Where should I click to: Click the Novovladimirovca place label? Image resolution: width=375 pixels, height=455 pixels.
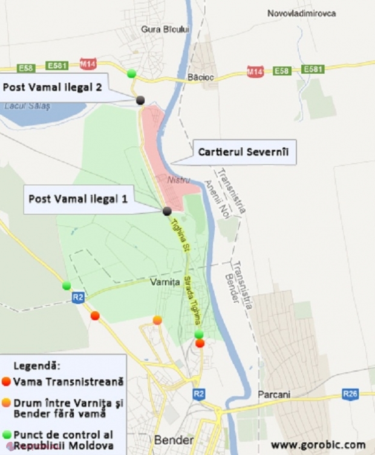(x=302, y=13)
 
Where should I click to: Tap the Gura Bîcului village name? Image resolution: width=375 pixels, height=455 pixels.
(x=165, y=28)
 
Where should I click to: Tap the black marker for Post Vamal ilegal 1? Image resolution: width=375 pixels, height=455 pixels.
(x=166, y=211)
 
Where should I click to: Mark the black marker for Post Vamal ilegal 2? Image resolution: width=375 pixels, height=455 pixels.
(x=140, y=100)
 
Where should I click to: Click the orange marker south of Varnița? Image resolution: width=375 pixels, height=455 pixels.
(x=157, y=320)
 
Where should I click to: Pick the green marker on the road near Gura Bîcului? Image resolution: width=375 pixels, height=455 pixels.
(x=131, y=74)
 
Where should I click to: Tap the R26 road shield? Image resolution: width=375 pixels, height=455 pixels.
(x=350, y=395)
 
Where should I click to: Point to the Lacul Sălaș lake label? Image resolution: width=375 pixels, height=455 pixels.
(x=27, y=106)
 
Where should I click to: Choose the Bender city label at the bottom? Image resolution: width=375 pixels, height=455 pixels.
(x=174, y=440)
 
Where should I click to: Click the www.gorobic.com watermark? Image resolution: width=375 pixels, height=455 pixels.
(x=318, y=445)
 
